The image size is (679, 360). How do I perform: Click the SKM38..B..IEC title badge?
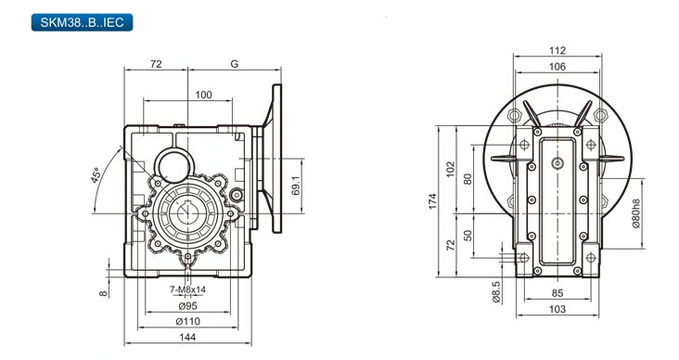tap(82, 22)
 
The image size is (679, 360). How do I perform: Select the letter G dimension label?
tap(235, 64)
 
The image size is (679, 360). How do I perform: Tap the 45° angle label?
tap(97, 175)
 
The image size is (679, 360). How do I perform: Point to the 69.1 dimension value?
tap(296, 186)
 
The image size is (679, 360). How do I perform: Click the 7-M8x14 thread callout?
tap(187, 289)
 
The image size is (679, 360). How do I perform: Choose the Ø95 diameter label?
tap(188, 306)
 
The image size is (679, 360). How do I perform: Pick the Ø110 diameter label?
tap(188, 321)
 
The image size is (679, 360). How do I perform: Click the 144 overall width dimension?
tap(187, 337)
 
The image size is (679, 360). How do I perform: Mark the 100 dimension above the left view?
tap(203, 95)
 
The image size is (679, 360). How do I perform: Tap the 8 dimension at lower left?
tap(103, 293)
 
